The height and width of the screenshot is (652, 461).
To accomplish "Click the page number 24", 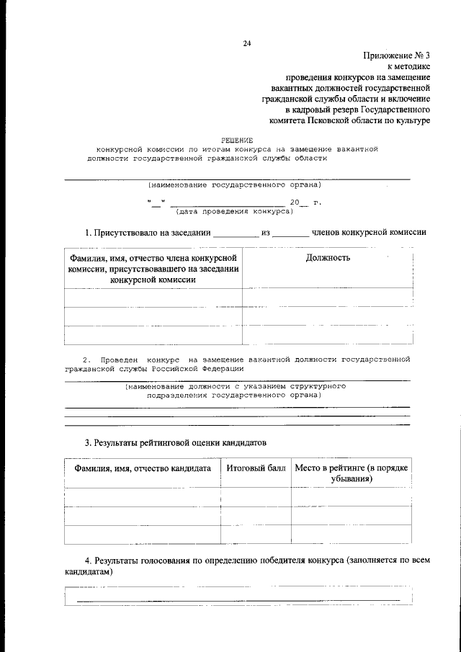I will pos(246,43).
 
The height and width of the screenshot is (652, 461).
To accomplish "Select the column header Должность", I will pos(328,258).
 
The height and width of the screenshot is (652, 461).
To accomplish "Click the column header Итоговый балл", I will pos(256,468).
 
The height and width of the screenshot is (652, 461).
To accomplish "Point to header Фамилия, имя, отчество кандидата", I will pos(142,468).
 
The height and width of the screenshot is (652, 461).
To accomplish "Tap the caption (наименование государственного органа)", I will pos(235,184).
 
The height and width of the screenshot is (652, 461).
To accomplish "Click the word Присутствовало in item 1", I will pos(128,232).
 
